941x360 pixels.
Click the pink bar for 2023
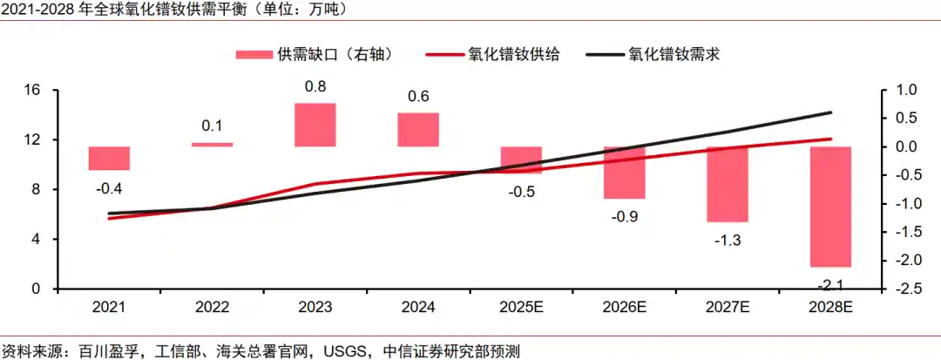(315, 125)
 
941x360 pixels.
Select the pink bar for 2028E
(830, 207)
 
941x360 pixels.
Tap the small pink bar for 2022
(212, 145)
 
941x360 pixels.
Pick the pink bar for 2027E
(728, 184)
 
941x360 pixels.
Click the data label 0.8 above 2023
(315, 87)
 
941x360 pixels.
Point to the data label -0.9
(626, 216)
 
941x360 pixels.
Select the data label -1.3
(727, 240)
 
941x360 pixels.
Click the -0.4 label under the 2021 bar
(109, 188)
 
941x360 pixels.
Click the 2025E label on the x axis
(521, 308)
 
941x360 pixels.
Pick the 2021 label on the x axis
(109, 308)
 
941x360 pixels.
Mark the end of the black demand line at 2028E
(831, 112)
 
